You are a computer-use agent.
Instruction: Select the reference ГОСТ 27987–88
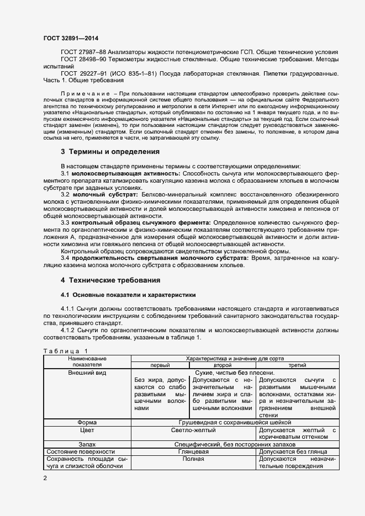click(86, 52)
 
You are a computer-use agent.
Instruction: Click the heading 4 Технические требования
click(110, 280)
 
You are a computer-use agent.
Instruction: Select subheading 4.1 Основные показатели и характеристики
click(128, 295)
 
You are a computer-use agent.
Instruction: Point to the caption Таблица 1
click(65, 351)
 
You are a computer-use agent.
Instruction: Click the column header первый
click(160, 365)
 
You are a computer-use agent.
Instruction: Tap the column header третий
click(298, 365)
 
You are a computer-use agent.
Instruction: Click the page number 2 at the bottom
click(45, 478)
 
